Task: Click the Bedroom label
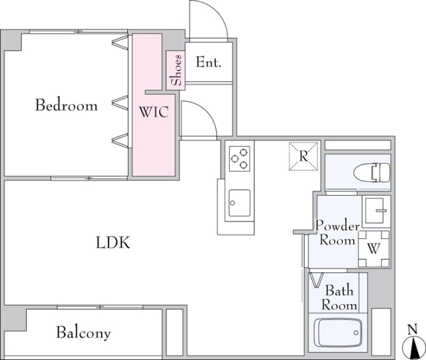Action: click(67, 105)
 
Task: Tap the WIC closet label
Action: click(154, 112)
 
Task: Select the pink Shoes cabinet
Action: click(176, 71)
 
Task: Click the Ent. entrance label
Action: click(208, 63)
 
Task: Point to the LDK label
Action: click(113, 243)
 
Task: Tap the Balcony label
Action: click(83, 332)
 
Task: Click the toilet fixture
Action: click(371, 172)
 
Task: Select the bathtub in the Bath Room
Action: click(338, 333)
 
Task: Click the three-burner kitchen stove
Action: click(240, 158)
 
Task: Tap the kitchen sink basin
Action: click(240, 203)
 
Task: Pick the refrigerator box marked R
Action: click(304, 156)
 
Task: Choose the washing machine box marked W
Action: click(374, 249)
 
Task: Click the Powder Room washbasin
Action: click(376, 211)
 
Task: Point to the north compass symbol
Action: click(413, 348)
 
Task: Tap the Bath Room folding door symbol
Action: click(317, 280)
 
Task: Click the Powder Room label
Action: click(337, 233)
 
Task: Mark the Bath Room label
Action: click(339, 297)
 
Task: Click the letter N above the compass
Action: click(413, 329)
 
